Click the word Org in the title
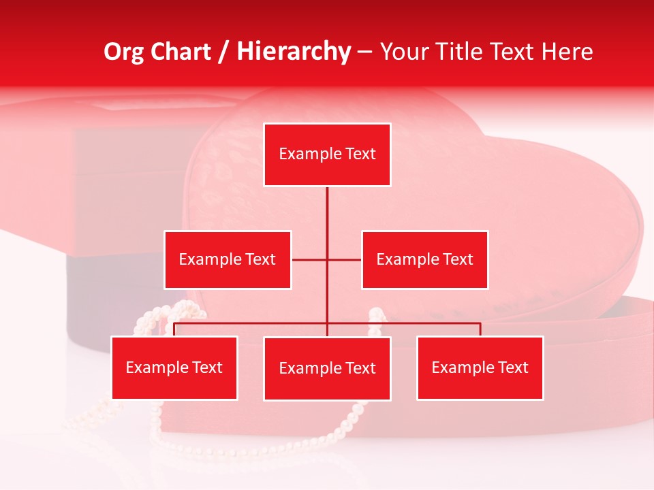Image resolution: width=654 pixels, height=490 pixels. pos(125,52)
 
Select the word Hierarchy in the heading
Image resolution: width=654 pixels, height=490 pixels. pos(293,52)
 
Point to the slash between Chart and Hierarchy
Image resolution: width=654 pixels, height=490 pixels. pos(223,52)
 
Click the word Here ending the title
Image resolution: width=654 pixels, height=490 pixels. pos(567,52)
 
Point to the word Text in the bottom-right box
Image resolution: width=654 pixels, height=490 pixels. pos(513,367)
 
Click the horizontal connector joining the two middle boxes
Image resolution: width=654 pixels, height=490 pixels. pos(344,259)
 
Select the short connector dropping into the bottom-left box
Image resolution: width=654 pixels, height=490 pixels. pos(174,329)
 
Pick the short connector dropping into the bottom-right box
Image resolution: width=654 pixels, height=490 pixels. pos(480,329)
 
